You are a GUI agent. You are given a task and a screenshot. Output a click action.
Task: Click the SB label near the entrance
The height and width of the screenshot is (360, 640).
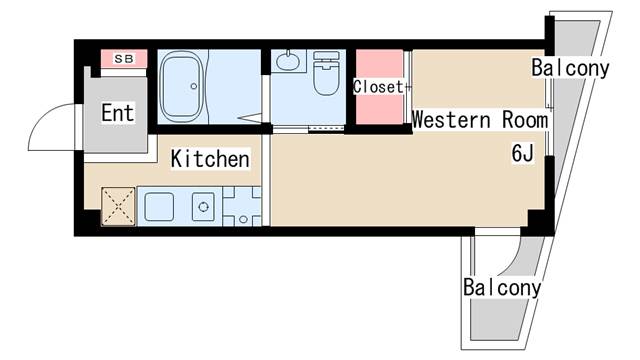[x=124, y=59]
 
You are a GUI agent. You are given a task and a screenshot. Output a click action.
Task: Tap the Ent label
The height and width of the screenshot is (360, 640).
[x=118, y=113]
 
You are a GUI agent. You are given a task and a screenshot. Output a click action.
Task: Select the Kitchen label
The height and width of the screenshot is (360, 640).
[x=210, y=158]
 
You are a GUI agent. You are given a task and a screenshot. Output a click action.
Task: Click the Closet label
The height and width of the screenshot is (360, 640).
[x=378, y=87]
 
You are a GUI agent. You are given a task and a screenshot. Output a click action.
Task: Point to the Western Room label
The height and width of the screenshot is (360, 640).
[x=480, y=120]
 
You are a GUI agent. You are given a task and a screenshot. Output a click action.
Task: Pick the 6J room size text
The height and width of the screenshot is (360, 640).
[x=523, y=153]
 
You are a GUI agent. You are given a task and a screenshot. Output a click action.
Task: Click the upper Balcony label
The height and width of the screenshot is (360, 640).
[x=570, y=68]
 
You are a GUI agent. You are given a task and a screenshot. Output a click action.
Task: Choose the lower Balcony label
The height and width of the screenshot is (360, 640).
[x=502, y=287]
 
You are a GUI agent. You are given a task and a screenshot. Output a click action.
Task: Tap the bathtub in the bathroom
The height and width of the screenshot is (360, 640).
[x=182, y=87]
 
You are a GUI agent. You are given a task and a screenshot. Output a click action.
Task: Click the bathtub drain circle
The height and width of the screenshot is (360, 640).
[x=194, y=86]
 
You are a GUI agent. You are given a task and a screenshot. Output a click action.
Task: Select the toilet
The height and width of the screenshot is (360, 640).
[x=327, y=73]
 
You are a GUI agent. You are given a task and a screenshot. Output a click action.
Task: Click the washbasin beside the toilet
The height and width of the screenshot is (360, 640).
[x=288, y=61]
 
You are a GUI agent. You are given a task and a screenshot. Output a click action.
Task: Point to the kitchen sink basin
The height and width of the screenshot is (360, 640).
[x=159, y=207]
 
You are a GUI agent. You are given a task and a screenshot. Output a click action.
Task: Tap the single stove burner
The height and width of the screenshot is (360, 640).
[x=203, y=207]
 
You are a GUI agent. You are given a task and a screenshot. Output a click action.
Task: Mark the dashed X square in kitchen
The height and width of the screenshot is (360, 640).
[x=118, y=206]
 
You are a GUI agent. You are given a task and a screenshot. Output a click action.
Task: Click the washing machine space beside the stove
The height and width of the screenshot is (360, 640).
[x=242, y=206]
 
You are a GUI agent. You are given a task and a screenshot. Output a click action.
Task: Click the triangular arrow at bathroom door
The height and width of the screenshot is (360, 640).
[x=249, y=118]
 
